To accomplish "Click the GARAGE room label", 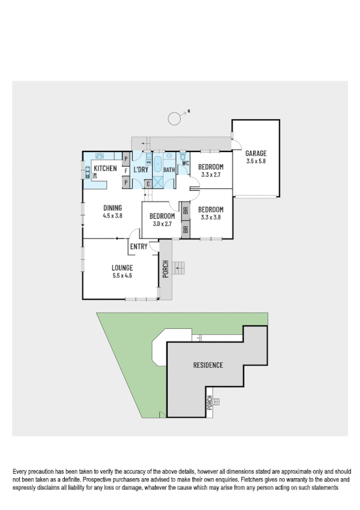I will click(256, 153).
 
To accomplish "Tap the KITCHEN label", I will click(105, 169).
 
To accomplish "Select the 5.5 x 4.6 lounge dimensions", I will click(121, 276).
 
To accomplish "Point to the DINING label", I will click(112, 207).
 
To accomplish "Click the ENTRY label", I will click(138, 246).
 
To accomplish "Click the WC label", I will click(186, 164).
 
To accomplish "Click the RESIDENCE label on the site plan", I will click(208, 365).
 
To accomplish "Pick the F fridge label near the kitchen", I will click(126, 170).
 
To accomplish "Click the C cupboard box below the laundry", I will click(148, 183).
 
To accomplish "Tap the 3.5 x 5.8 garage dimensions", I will click(256, 161).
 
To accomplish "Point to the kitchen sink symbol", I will click(100, 155).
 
